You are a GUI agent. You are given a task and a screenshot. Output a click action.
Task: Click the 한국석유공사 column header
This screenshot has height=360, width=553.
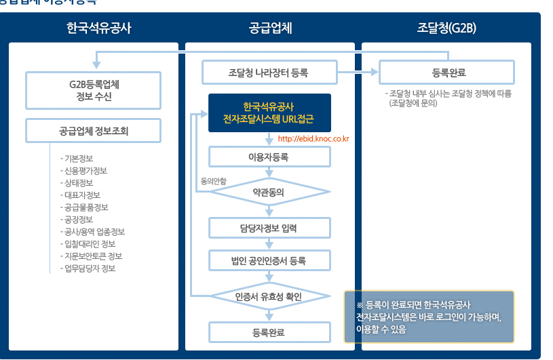coord(99,28)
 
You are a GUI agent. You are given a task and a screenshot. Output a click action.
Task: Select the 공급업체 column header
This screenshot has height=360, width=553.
coord(270,28)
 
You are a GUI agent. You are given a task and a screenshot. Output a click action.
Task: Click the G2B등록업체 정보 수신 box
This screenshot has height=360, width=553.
coord(94,90)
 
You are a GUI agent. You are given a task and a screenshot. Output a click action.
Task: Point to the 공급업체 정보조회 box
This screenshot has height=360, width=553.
coord(94,131)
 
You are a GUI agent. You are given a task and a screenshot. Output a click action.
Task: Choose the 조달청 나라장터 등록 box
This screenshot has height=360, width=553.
coord(269,72)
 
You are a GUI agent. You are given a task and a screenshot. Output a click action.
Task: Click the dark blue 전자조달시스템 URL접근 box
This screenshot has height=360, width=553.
coord(269,113)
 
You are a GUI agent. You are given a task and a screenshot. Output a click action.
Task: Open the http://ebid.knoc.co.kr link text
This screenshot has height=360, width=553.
coord(313,140)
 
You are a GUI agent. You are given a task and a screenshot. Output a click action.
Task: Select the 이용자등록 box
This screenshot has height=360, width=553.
coord(269,157)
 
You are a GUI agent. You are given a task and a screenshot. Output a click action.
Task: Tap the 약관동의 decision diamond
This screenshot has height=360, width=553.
coord(269,192)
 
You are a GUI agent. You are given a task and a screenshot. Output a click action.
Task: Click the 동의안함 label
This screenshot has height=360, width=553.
coord(213,181)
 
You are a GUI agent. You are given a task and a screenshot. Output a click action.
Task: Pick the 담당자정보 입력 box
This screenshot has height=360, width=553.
coord(269,228)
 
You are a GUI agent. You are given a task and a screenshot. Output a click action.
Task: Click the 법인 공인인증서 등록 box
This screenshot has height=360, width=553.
coord(269,261)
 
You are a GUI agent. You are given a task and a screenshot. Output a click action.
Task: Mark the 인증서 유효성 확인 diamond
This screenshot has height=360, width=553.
coord(269,296)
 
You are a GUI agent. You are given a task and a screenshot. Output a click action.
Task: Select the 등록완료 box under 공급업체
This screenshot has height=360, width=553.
coord(269,332)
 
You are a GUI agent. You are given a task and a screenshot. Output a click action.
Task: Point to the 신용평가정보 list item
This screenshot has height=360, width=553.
coord(86,171)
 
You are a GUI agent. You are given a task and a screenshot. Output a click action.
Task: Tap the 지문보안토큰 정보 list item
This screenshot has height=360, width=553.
coord(92,256)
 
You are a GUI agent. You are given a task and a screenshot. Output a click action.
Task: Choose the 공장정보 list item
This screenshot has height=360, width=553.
coord(79,220)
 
